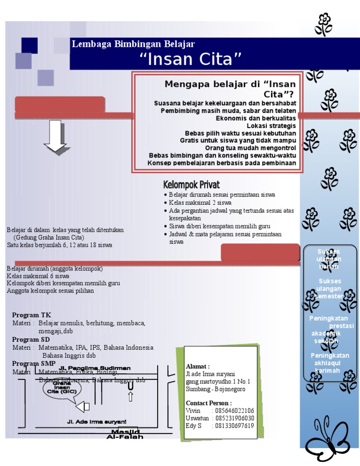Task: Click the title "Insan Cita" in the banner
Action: pyautogui.click(x=191, y=60)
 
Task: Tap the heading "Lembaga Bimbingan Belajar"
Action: pyautogui.click(x=133, y=45)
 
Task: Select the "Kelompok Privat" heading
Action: pyautogui.click(x=191, y=185)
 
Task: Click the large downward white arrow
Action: pyautogui.click(x=56, y=136)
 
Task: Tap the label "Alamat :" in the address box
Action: pyautogui.click(x=198, y=366)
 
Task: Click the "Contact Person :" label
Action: pyautogui.click(x=209, y=403)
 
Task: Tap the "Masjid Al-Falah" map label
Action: pyautogui.click(x=125, y=434)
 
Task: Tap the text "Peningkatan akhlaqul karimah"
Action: pyautogui.click(x=330, y=363)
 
